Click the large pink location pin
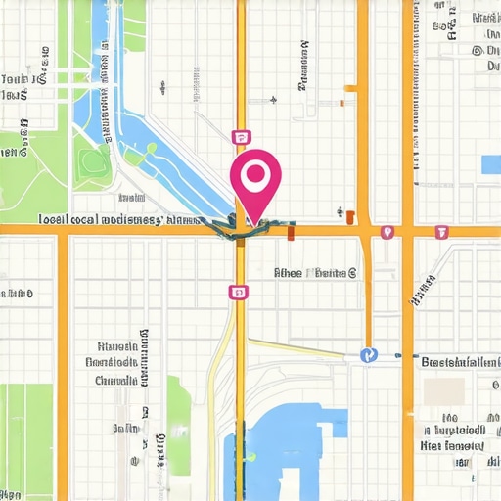tap(255, 181)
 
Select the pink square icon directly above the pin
tap(240, 137)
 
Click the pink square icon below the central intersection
tap(237, 292)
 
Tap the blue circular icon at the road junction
tap(368, 355)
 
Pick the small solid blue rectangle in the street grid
tap(490, 164)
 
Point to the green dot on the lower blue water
tap(251, 456)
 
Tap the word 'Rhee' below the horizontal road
tap(289, 274)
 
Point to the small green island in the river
tap(152, 149)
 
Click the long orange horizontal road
tap(127, 231)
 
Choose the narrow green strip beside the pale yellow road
tap(179, 411)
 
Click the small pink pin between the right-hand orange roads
tap(387, 232)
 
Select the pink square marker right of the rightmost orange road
tap(441, 232)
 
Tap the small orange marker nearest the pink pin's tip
tap(291, 233)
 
